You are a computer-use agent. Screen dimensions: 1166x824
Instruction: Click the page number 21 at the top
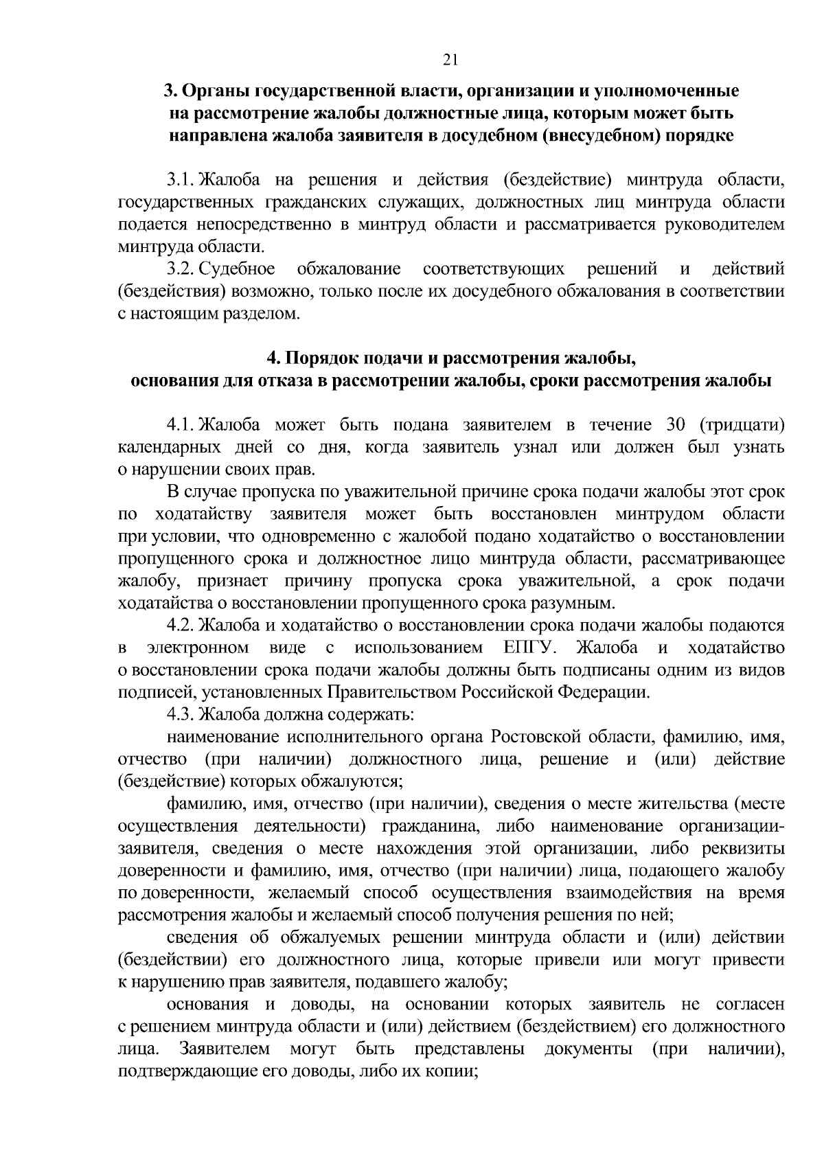(x=450, y=60)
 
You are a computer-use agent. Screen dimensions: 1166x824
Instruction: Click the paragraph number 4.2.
(x=182, y=626)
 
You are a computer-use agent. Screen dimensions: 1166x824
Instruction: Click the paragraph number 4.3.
(x=182, y=715)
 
